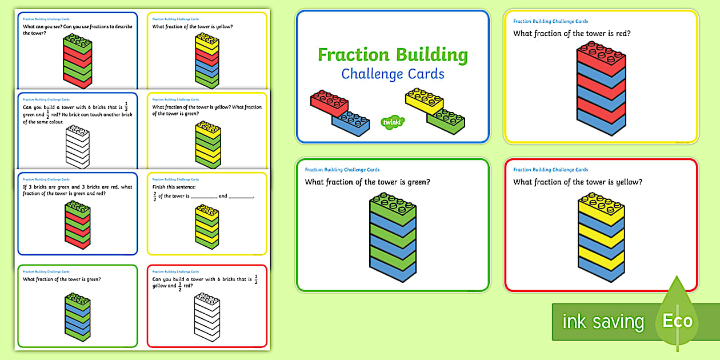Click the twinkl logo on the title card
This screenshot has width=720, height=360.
click(x=393, y=122)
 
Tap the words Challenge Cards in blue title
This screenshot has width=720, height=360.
click(x=393, y=74)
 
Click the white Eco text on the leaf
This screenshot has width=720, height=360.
click(x=677, y=321)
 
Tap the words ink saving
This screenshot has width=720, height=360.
click(x=603, y=322)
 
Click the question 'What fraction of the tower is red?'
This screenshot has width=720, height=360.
click(x=572, y=34)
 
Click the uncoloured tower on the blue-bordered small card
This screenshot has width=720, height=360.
click(x=77, y=147)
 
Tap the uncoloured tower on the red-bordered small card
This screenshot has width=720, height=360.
click(x=207, y=317)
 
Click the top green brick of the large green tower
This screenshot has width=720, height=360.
click(x=393, y=203)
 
